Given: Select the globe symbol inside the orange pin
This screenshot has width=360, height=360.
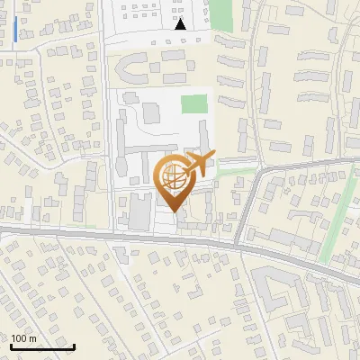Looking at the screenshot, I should click(x=175, y=177).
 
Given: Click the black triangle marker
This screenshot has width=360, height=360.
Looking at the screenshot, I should click(x=181, y=24).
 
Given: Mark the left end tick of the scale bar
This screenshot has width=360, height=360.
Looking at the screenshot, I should click(x=11, y=345).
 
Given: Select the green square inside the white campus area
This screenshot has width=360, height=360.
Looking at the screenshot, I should click(x=193, y=103).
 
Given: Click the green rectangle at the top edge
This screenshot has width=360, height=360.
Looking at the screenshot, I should click(x=221, y=13).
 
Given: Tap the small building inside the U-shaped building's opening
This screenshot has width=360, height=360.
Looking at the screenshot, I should click(x=144, y=71).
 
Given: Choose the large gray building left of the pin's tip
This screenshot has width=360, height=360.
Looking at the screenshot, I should click(x=140, y=211).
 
